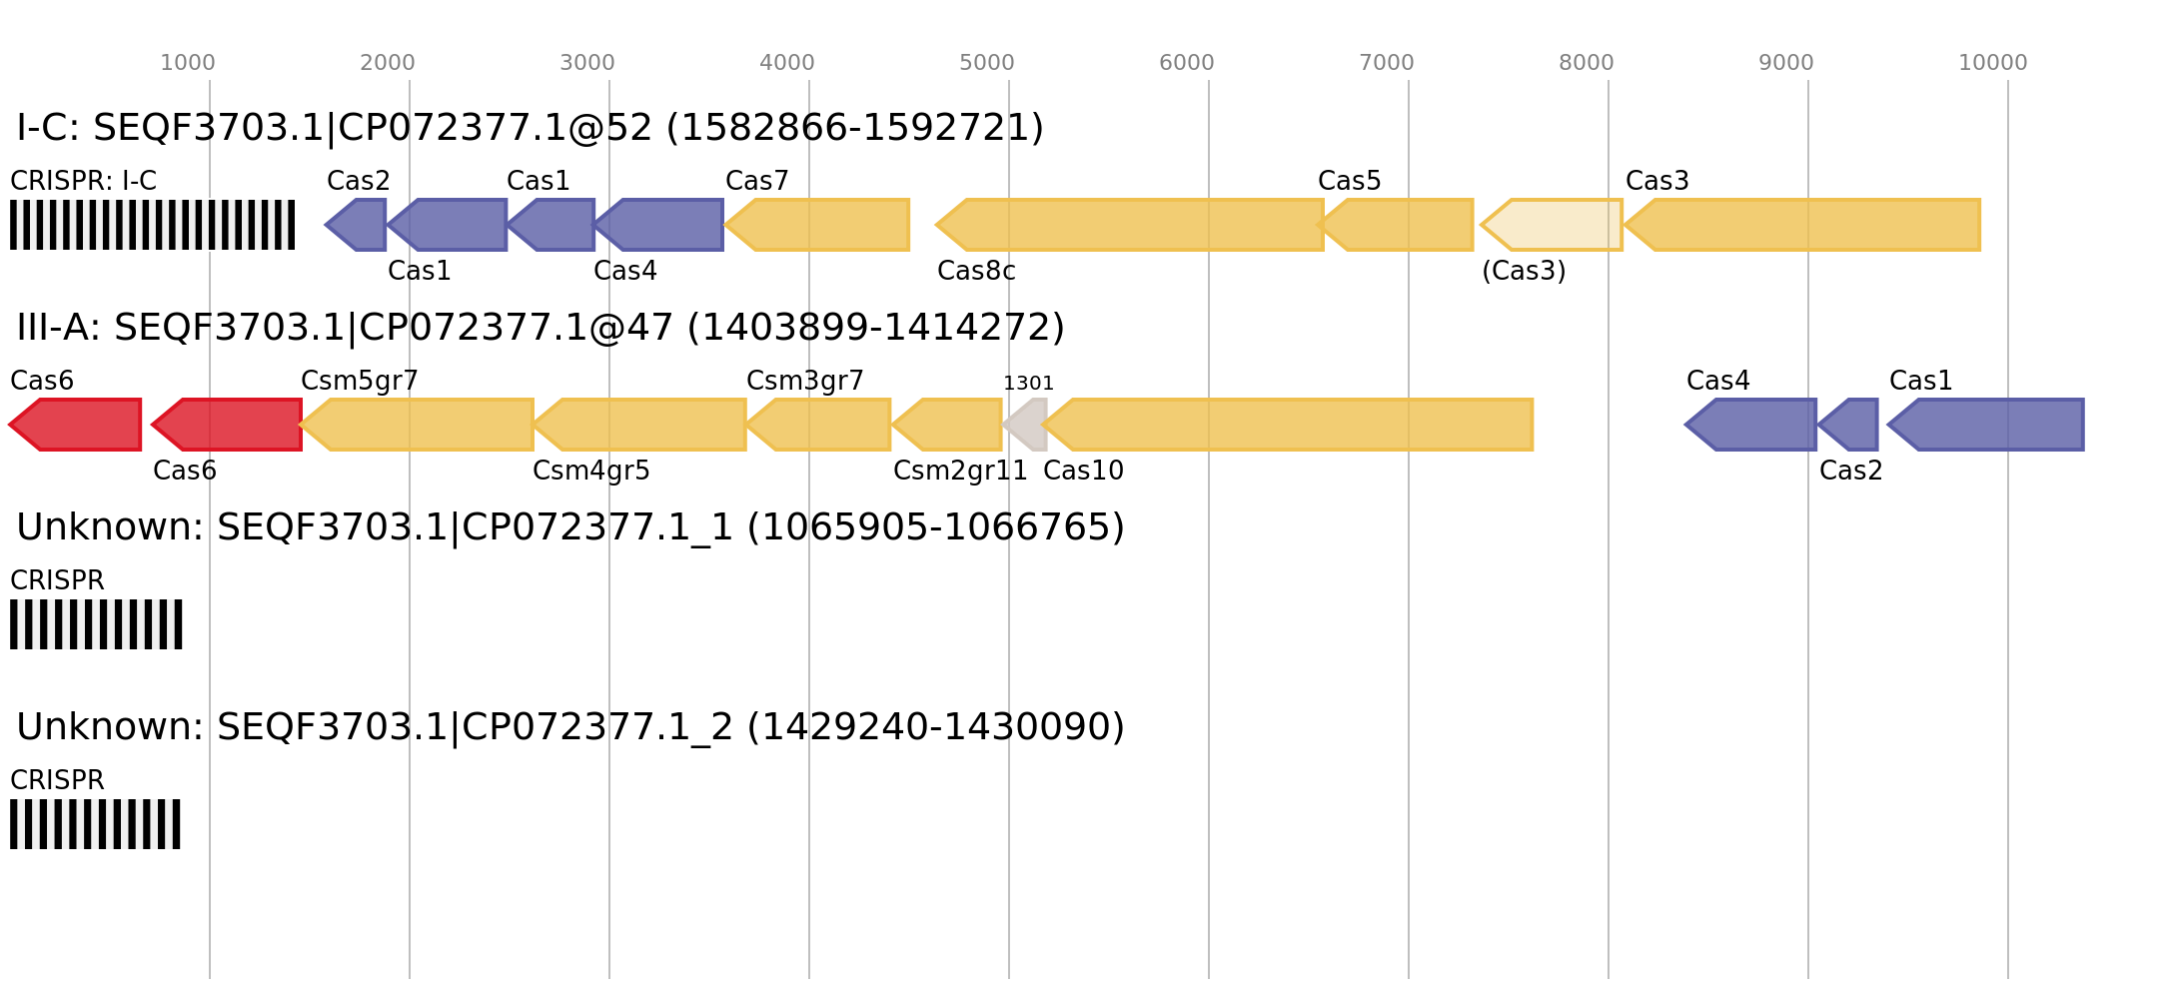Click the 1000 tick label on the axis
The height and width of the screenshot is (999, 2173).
188,63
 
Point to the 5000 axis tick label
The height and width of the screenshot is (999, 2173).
986,63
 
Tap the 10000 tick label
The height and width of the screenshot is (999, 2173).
1992,63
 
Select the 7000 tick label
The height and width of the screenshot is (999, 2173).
1386,63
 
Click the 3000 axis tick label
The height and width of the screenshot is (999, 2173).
586,63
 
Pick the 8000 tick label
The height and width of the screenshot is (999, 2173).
1586,63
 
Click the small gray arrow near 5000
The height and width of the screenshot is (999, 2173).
1027,425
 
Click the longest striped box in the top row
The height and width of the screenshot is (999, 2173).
152,225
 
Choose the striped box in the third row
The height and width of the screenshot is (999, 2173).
96,624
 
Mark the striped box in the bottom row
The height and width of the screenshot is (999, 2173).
95,824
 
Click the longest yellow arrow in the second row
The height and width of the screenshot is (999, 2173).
1289,425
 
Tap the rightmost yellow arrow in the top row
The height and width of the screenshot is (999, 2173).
1804,225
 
